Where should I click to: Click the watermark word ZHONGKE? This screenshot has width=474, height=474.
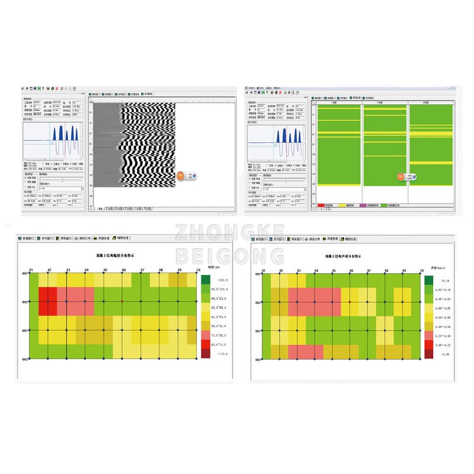[x=238, y=232]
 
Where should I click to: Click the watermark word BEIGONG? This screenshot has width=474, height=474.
[x=238, y=256]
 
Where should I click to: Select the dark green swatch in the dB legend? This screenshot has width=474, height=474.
[x=206, y=279]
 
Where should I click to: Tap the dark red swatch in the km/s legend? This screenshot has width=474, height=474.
[x=428, y=354]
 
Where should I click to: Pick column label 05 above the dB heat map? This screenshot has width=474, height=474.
[x=105, y=270]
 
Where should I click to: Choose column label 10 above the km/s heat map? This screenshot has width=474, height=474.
[x=422, y=270]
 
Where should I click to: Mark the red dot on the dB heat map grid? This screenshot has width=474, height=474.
[x=122, y=302]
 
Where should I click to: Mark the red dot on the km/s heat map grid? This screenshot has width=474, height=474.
[x=350, y=302]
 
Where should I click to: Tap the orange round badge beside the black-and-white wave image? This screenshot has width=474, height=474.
[x=180, y=176]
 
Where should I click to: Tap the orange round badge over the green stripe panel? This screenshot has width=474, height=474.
[x=401, y=177]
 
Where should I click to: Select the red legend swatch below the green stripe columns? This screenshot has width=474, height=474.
[x=321, y=205]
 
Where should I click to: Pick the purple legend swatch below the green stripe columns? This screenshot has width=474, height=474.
[x=364, y=205]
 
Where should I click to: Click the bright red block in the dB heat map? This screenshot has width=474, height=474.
[x=48, y=302]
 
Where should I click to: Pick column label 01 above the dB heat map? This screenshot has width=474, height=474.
[x=31, y=270]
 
